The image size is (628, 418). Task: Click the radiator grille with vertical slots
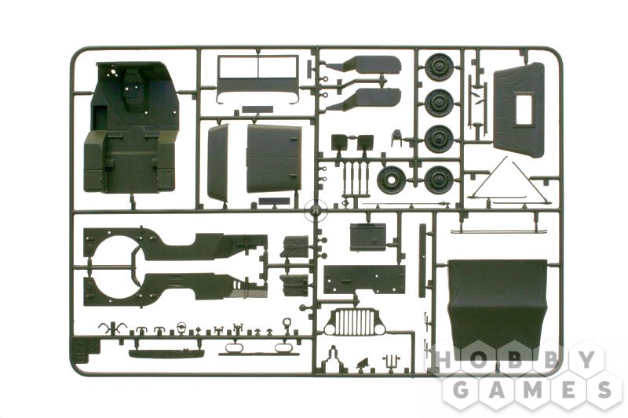tap(355, 322)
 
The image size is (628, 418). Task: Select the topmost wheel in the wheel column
tap(439, 66)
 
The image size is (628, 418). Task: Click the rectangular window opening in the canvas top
tap(524, 110)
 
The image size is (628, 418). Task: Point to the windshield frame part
tap(258, 79)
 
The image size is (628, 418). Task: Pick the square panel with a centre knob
tap(368, 237)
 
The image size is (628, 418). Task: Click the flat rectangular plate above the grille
tap(364, 279)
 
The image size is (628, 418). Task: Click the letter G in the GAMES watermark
tap(462, 389)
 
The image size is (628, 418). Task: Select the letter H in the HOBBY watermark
tap(443, 360)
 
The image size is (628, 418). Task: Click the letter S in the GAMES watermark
tap(603, 389)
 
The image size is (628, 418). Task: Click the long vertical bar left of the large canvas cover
tap(422, 260)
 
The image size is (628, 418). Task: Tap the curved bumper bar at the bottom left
tap(166, 354)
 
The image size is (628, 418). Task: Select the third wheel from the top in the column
tap(439, 139)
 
